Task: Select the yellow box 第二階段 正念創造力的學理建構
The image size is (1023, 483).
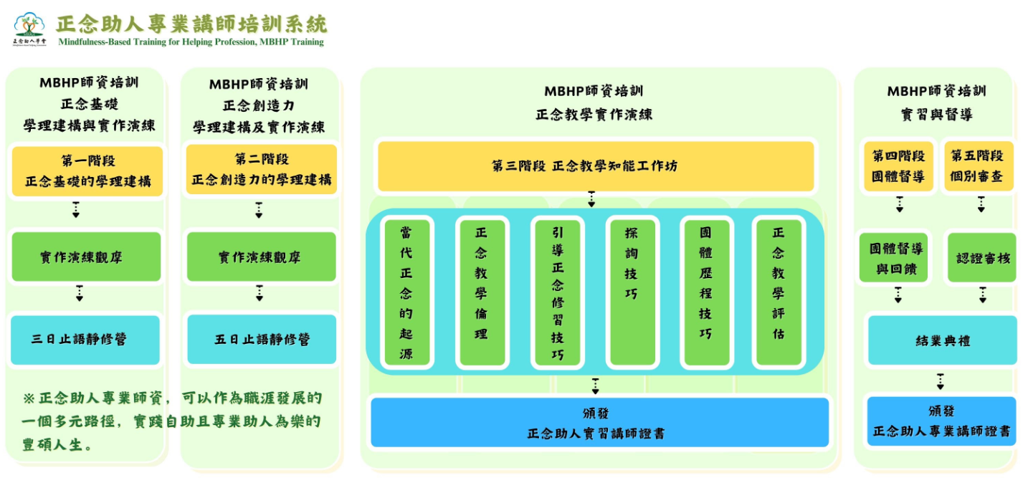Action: [262, 170]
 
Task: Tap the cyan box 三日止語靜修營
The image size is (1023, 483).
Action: [85, 340]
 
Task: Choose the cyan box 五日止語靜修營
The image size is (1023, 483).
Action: [262, 339]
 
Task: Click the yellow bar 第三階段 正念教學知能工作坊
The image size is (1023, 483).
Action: [595, 166]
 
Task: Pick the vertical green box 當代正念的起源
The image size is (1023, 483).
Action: [406, 292]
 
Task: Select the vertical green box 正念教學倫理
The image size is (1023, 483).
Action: [481, 292]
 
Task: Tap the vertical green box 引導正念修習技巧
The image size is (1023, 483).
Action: [557, 292]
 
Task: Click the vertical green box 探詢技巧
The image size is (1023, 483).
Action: [632, 292]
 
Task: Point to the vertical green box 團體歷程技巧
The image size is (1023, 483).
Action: [706, 292]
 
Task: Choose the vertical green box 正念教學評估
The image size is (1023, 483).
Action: [779, 292]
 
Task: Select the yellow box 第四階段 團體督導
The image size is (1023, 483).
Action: [898, 166]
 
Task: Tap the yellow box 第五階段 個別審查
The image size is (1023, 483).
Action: [978, 166]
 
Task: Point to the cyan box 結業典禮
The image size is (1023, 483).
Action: [941, 340]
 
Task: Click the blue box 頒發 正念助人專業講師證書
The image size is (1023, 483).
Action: [941, 421]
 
